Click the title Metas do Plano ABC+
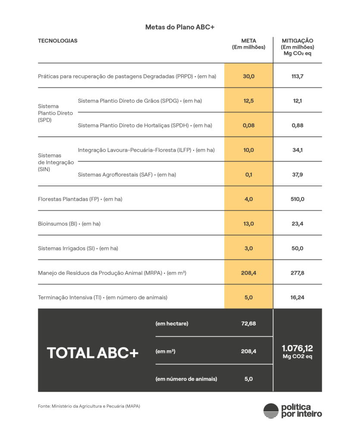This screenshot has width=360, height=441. (180, 27)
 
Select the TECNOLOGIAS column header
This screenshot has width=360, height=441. (58, 41)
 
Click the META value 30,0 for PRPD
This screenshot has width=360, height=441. (249, 76)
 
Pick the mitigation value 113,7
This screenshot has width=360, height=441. (297, 76)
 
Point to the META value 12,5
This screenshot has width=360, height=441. (249, 101)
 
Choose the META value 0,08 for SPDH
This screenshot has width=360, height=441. (249, 125)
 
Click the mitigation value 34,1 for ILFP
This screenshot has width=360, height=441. (297, 150)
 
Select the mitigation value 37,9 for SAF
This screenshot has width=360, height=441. (297, 174)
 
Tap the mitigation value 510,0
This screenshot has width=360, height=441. (297, 199)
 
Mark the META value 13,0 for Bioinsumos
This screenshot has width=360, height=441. (249, 224)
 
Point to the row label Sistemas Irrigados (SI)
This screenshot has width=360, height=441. (78, 248)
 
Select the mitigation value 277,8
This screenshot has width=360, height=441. (297, 273)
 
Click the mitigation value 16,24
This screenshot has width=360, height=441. (297, 297)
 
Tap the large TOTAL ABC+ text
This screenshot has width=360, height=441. (93, 353)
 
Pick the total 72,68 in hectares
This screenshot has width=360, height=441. (249, 323)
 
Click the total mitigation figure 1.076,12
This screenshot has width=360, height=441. (297, 348)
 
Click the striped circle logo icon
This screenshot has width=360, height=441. (271, 411)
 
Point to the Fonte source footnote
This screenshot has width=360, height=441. (89, 406)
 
